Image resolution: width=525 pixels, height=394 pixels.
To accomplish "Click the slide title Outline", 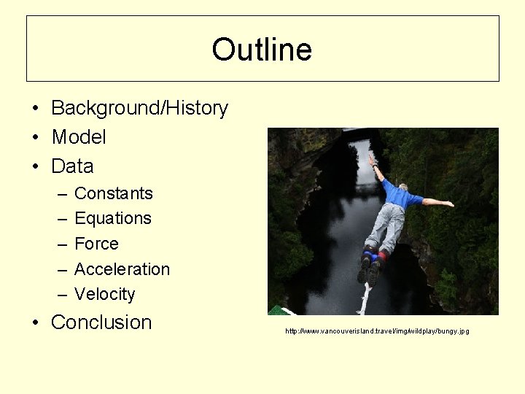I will click(x=262, y=50).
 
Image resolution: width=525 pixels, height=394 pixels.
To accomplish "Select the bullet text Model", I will click(x=79, y=137).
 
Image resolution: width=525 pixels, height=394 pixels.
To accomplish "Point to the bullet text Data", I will click(x=72, y=166).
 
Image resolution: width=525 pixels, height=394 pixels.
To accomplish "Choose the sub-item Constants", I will click(x=114, y=193).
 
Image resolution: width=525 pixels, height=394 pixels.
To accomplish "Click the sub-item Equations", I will click(x=113, y=218).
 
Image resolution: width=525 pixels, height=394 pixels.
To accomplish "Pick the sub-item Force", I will click(x=96, y=244).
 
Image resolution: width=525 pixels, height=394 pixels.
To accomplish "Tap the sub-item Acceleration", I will click(x=122, y=269).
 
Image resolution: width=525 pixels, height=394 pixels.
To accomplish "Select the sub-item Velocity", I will click(x=105, y=294).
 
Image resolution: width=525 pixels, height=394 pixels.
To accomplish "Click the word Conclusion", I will click(x=101, y=322).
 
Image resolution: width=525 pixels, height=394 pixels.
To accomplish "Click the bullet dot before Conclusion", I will click(x=36, y=322).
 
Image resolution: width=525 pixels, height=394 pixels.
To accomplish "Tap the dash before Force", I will click(x=61, y=244).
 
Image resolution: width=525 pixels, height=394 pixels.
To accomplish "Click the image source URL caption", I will click(x=377, y=331).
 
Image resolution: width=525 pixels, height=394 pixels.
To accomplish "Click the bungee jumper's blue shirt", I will click(x=399, y=195).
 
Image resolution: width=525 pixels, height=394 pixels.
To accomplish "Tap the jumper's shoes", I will click(x=369, y=271).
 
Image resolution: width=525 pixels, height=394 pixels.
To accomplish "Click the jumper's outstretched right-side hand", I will click(x=449, y=204).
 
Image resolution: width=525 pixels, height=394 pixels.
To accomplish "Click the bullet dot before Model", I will click(x=36, y=137).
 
